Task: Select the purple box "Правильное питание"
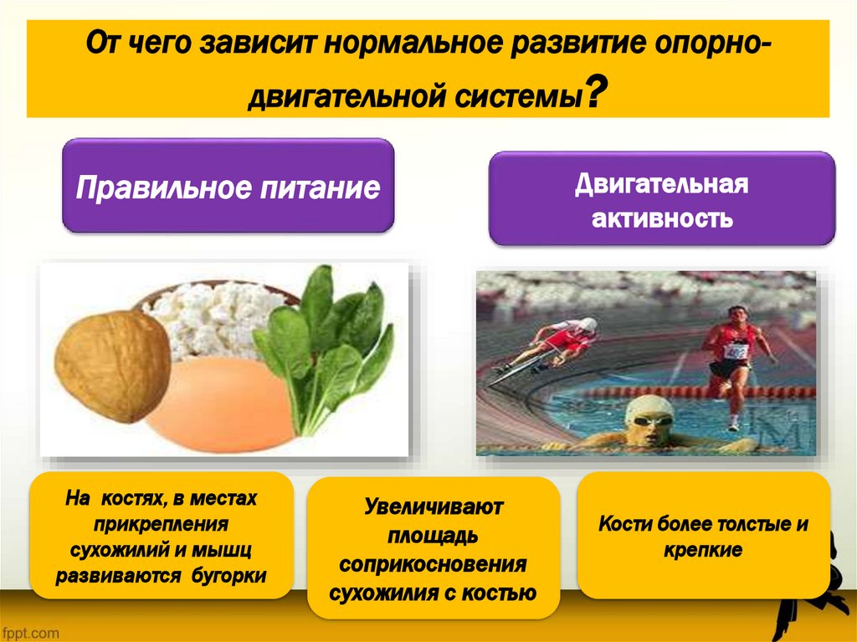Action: [x=228, y=187]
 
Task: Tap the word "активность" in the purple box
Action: [x=662, y=219]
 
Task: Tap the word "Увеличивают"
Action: [x=432, y=506]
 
